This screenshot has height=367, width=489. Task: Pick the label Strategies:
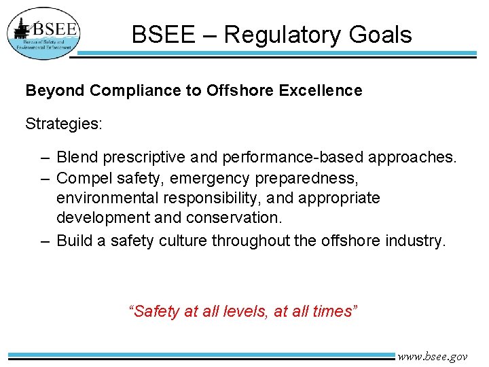(x=64, y=124)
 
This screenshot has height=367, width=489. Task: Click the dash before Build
(x=43, y=240)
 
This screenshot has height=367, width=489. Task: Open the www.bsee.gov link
(x=433, y=356)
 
